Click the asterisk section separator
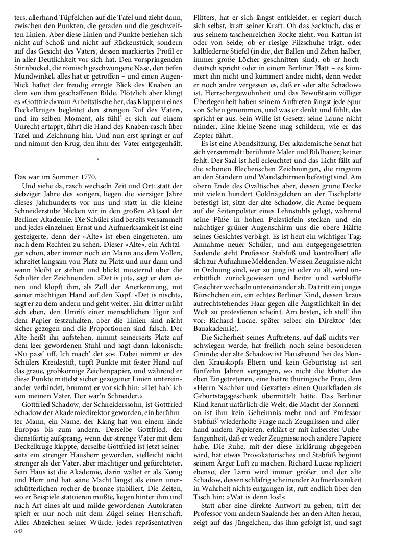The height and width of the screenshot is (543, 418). click(97, 160)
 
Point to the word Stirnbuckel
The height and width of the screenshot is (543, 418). click(32, 65)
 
